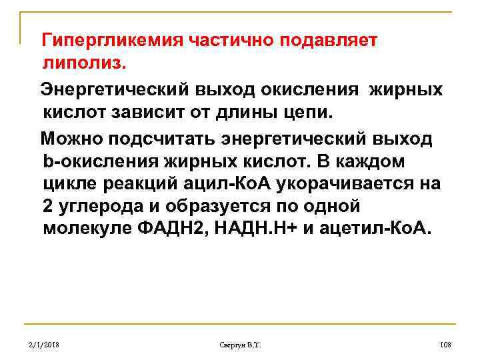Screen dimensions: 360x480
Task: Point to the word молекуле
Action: [84, 229]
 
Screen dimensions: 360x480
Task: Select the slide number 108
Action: [446, 345]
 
